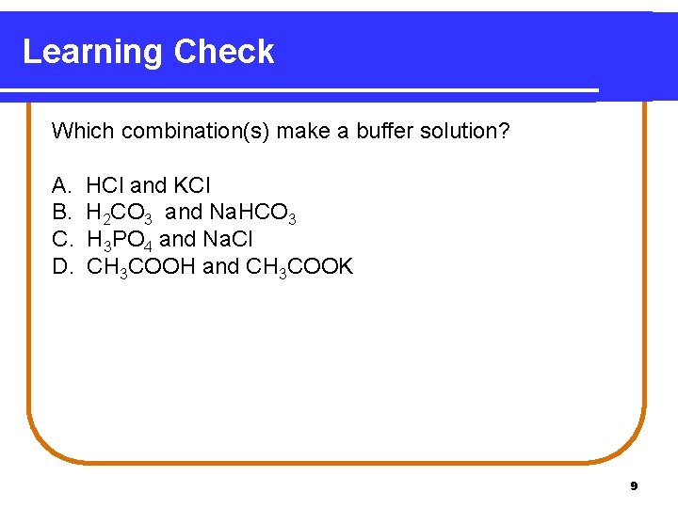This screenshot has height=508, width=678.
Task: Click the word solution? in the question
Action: [x=467, y=131]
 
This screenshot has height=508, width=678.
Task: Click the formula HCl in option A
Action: [x=105, y=186]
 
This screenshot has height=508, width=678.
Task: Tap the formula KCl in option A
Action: [x=192, y=186]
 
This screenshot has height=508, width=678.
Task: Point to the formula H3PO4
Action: [x=120, y=241]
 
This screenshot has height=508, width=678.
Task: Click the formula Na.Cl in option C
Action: [x=227, y=240]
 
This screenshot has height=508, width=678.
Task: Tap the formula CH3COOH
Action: [x=141, y=267]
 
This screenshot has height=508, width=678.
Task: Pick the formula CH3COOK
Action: [x=299, y=267]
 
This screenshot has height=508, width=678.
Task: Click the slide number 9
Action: [x=634, y=486]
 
